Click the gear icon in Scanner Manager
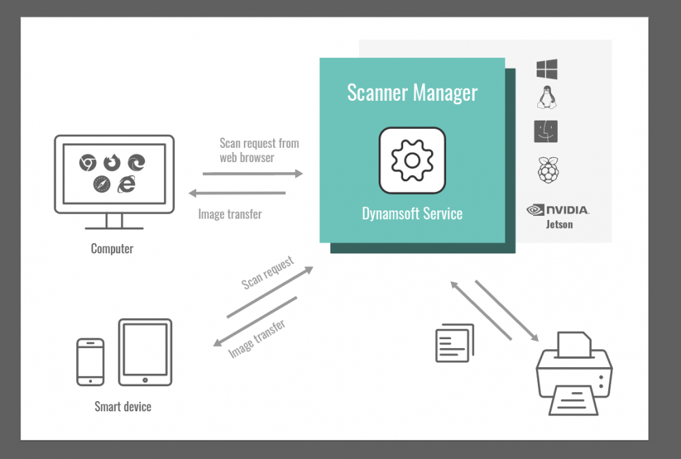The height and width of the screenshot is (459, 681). click(412, 161)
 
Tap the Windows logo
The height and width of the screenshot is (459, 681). click(546, 69)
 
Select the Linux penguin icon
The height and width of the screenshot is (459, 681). click(545, 99)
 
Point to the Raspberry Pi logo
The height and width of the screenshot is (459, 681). click(546, 170)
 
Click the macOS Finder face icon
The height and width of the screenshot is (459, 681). click(545, 131)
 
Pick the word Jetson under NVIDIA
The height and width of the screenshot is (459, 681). click(558, 224)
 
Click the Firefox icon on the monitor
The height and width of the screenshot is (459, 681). click(112, 162)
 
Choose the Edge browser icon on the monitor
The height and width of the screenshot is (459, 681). click(137, 162)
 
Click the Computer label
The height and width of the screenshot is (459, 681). click(112, 249)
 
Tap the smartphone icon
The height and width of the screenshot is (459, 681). click(90, 362)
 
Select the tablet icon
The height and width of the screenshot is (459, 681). click(144, 353)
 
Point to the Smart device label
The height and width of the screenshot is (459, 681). click(123, 407)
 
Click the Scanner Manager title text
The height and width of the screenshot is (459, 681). click(412, 93)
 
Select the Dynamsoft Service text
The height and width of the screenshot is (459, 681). click(412, 214)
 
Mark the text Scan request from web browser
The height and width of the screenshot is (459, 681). click(259, 151)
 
